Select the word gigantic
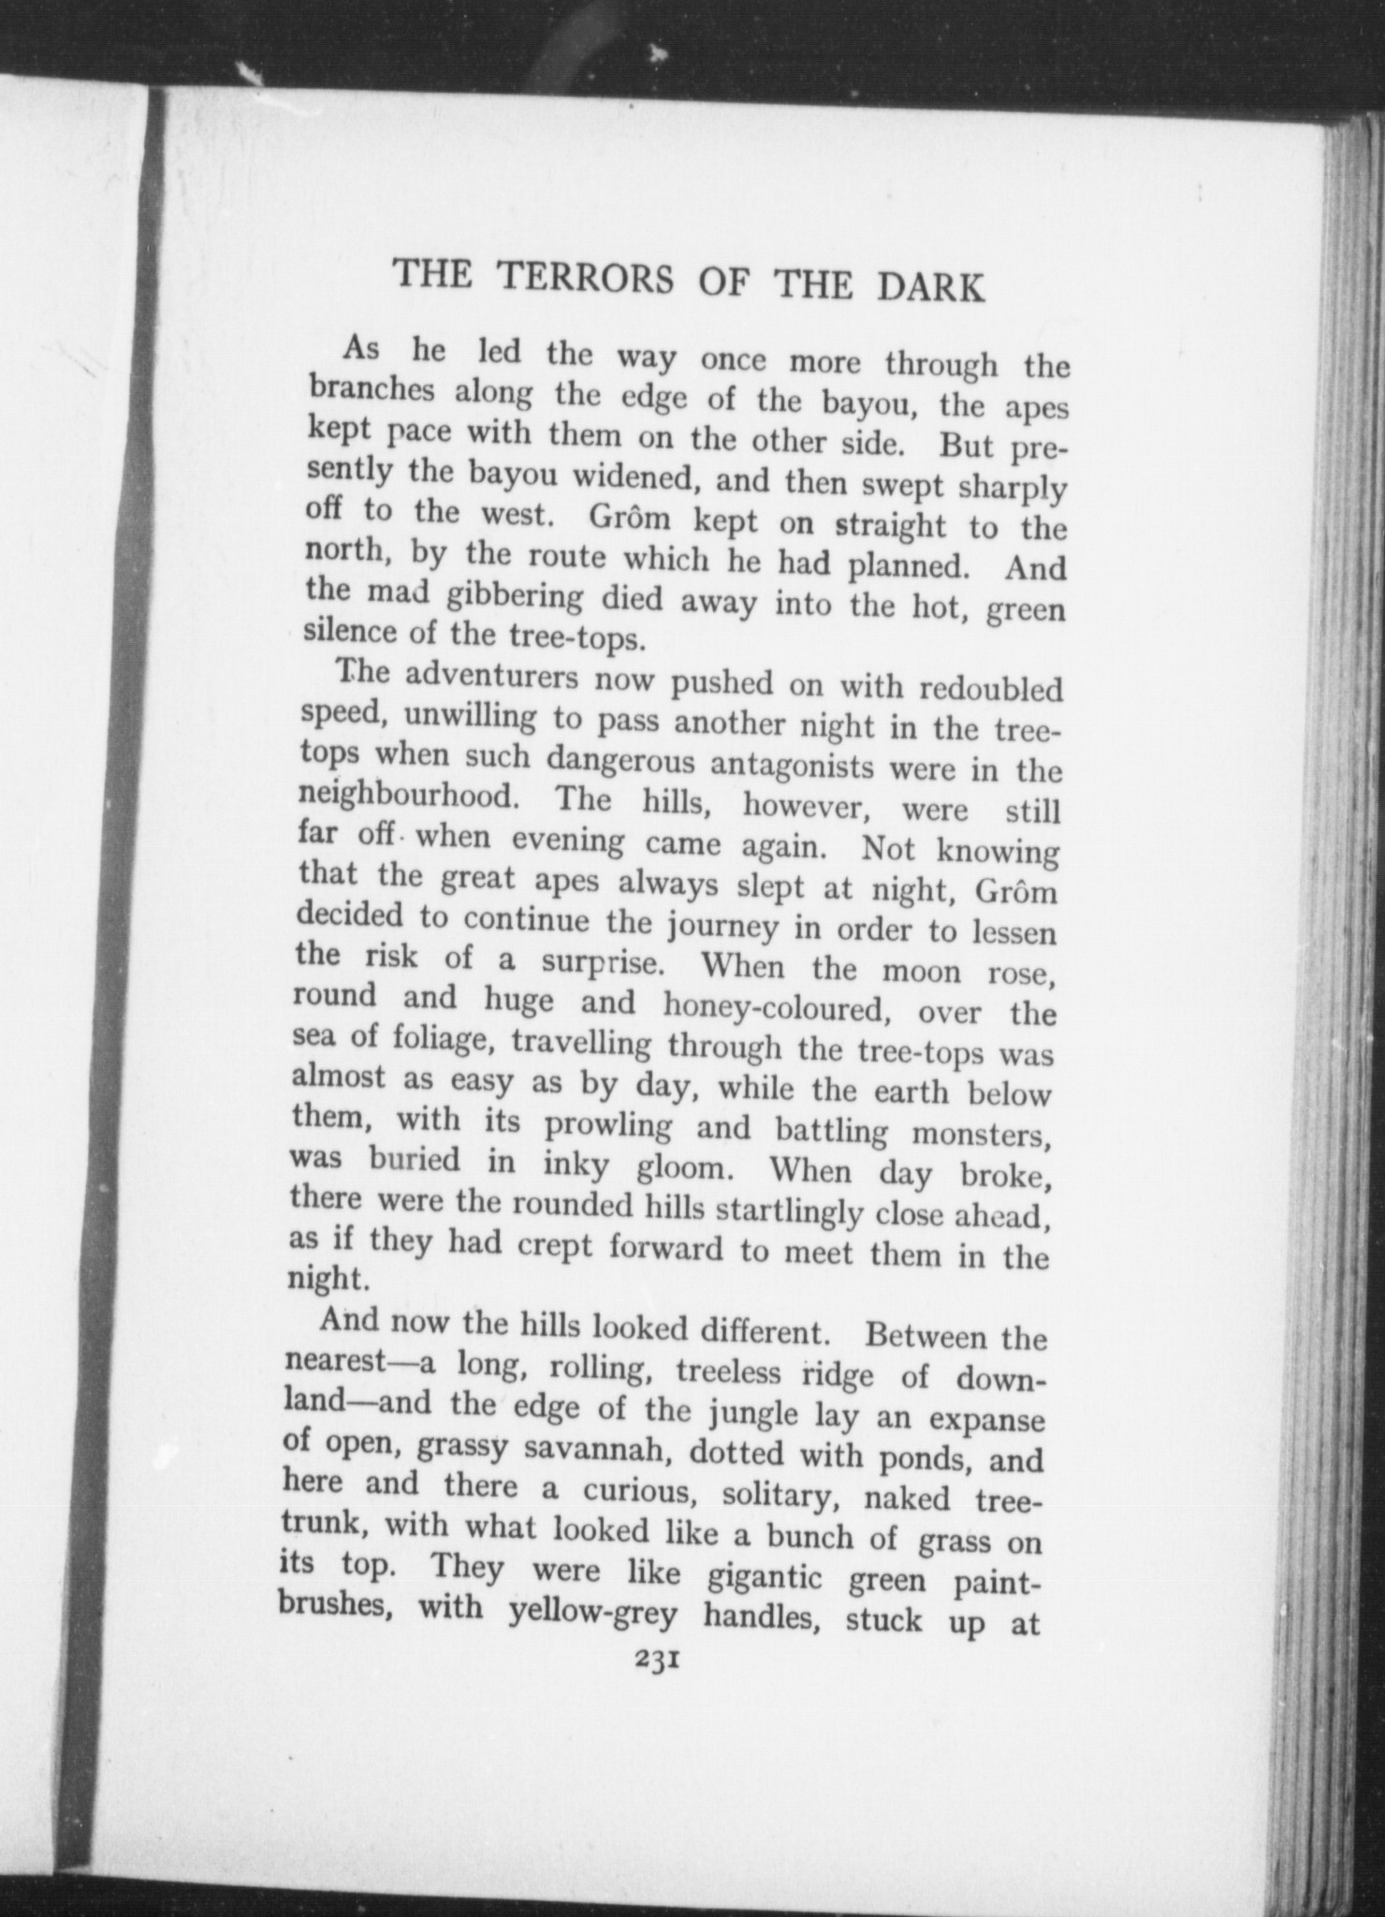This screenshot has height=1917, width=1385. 765,1576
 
